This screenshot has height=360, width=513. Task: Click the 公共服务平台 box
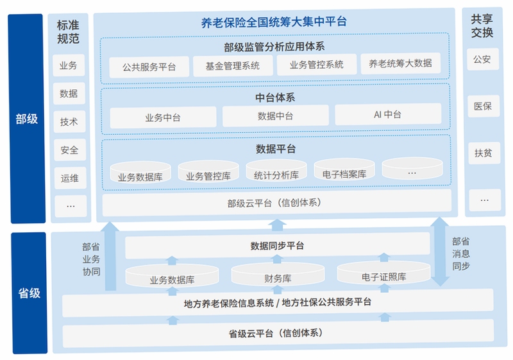point(149,67)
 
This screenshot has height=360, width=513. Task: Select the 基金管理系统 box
point(233,66)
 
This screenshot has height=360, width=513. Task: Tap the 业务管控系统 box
point(317,64)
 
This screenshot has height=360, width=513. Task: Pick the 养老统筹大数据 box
point(400,63)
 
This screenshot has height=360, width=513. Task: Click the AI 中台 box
point(388,114)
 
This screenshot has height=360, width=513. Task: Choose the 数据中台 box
point(276,116)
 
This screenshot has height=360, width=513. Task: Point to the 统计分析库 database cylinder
point(276,171)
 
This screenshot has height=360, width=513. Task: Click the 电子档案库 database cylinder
point(344,169)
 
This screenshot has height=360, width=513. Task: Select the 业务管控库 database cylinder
point(208,171)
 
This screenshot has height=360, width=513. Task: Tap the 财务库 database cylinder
point(278,274)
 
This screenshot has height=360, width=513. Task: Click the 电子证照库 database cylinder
point(383,273)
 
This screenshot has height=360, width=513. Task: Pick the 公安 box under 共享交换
point(483,59)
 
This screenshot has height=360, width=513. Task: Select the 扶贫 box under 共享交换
point(484,153)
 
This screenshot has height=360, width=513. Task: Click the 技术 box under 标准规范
point(69,122)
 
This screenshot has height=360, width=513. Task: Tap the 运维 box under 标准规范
point(71,178)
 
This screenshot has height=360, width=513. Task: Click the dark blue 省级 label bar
point(29,293)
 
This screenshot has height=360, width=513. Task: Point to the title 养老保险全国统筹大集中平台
point(274,22)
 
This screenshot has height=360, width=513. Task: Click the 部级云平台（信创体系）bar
point(277,203)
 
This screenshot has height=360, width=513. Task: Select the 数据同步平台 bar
point(278,245)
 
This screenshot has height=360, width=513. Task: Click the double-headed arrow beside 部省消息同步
point(440,252)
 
